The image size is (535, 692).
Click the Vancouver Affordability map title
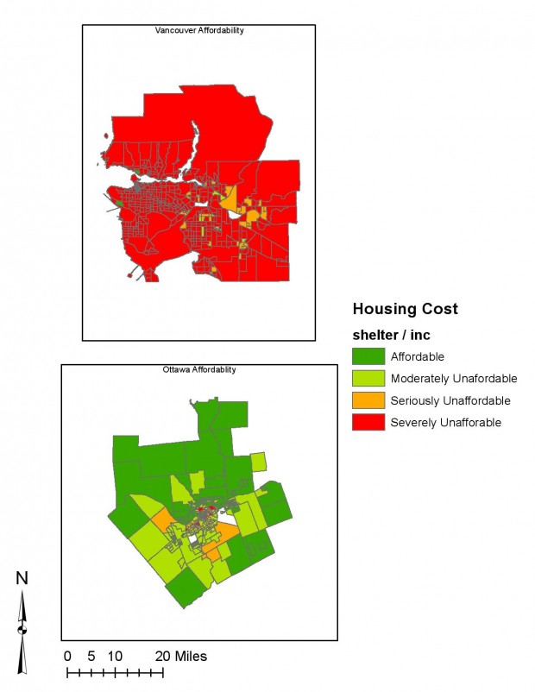click(x=199, y=30)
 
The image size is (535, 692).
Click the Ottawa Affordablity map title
click(x=199, y=369)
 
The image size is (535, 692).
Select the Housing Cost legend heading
click(x=405, y=309)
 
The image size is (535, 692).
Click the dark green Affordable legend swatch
click(x=368, y=356)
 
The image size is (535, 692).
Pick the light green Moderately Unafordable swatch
click(x=368, y=379)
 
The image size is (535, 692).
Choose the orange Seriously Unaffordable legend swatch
click(x=368, y=400)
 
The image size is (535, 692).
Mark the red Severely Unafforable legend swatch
click(x=368, y=422)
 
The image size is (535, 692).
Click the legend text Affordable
click(x=418, y=356)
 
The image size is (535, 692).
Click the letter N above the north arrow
click(x=22, y=578)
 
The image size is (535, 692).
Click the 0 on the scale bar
click(x=68, y=657)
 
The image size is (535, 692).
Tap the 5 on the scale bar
click(x=91, y=657)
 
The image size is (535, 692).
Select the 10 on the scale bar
click(x=116, y=657)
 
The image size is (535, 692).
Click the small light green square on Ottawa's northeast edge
click(x=258, y=462)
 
